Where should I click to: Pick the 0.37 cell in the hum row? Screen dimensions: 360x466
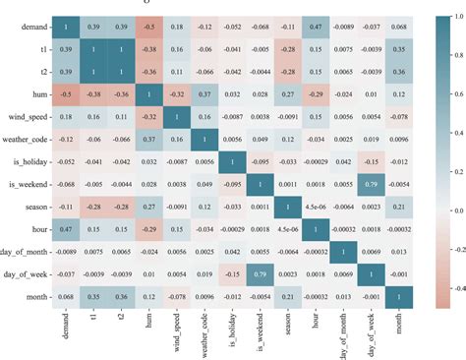pos(205,95)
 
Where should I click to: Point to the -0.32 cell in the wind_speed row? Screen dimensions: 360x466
pos(149,117)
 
